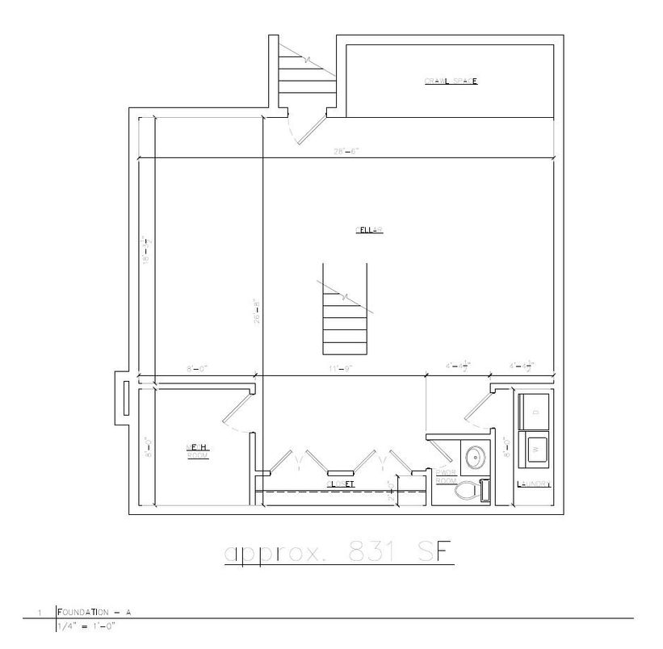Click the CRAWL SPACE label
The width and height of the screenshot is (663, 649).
pos(451,81)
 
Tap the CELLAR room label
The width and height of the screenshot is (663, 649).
pos(368,231)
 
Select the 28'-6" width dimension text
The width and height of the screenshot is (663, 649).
pos(346,151)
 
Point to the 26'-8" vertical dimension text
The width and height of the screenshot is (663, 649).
pos(258,312)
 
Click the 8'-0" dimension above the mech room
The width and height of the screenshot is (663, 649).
pos(197,368)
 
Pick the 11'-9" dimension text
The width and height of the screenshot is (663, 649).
pos(341,368)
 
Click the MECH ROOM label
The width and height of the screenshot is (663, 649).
pos(199,451)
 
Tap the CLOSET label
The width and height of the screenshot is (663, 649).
pos(341,484)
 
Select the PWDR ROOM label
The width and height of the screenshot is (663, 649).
pos(447,476)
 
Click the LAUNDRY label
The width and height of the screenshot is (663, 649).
pos(534,484)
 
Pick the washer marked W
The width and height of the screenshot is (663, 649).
pos(534,448)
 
